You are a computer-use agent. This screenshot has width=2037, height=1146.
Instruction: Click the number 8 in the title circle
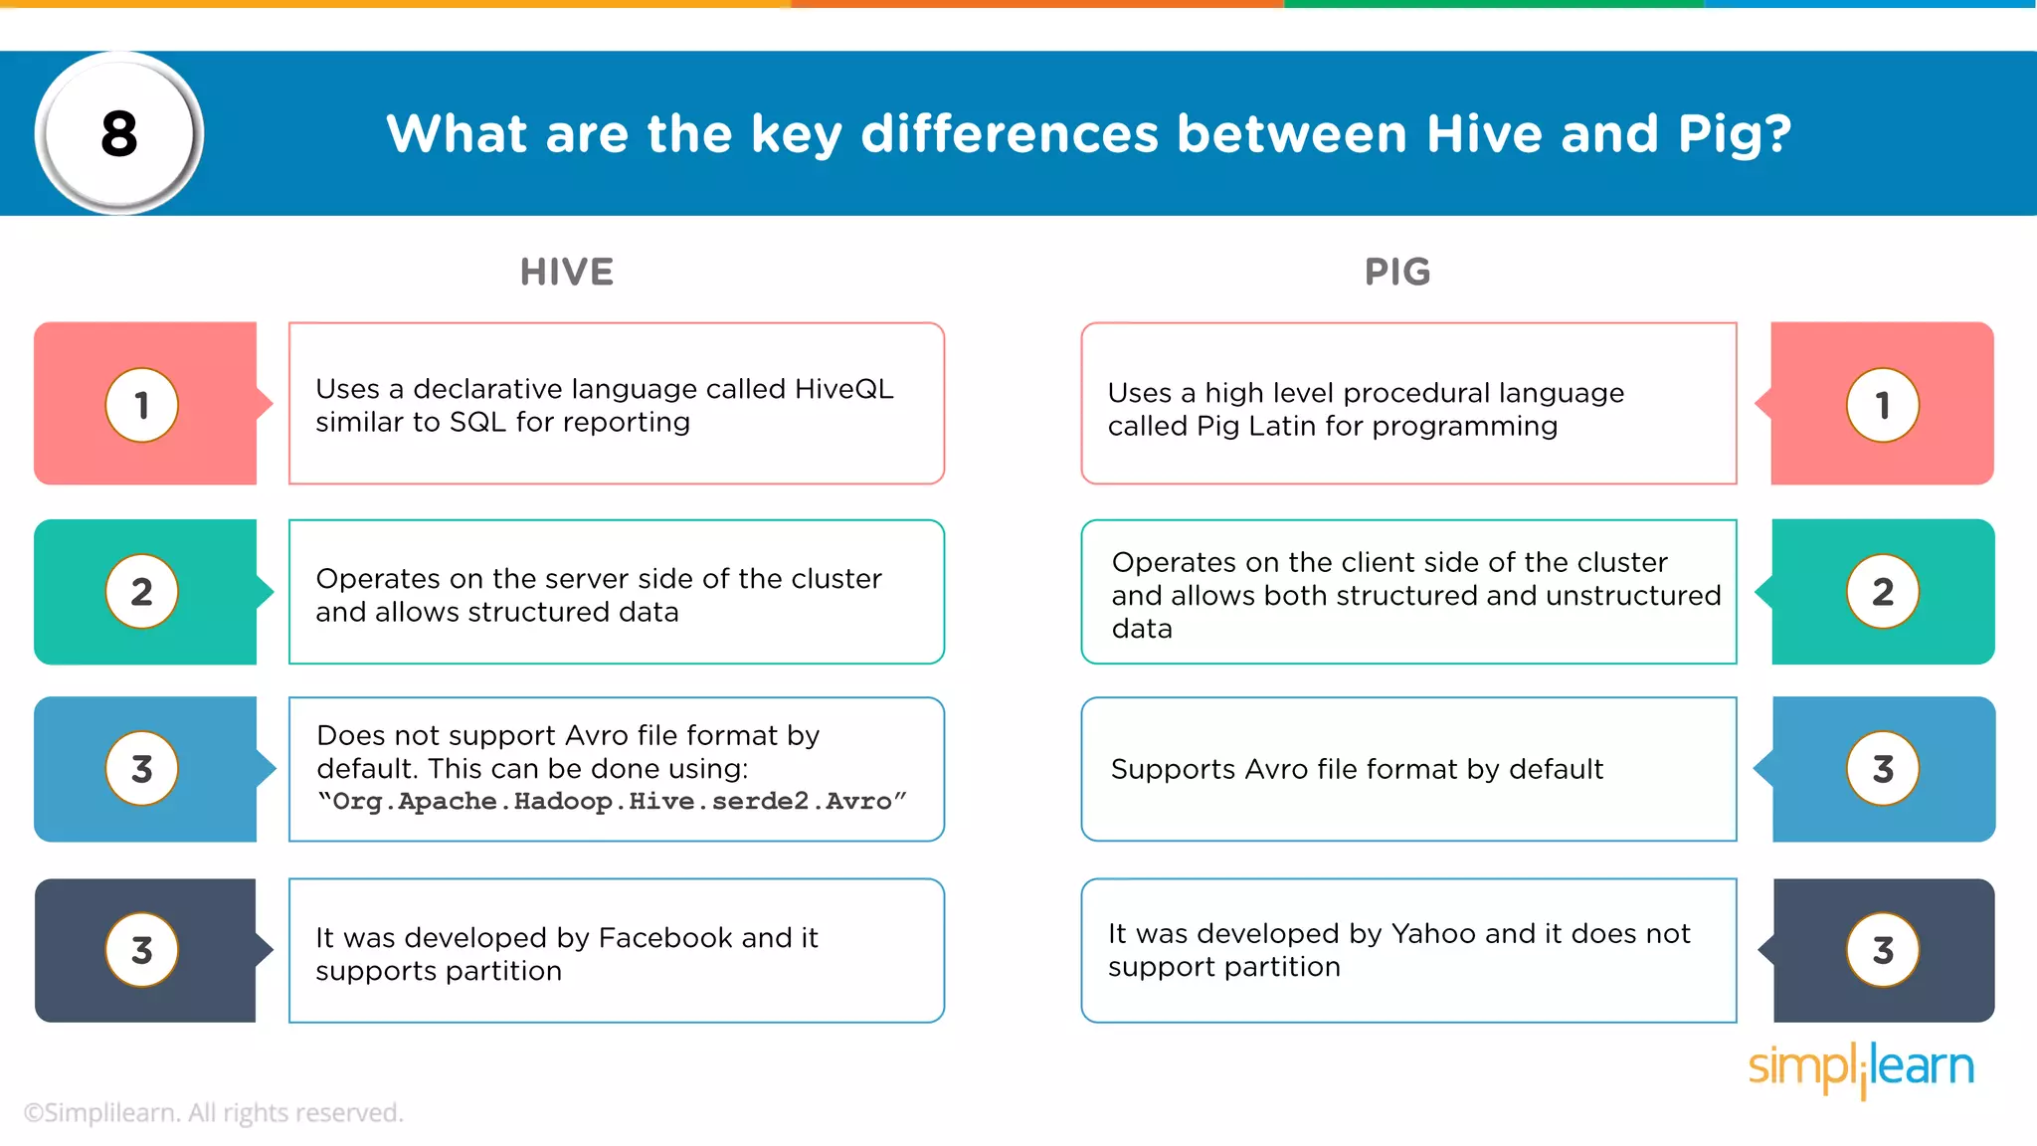119,134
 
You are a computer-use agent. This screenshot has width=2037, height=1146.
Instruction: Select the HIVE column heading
567,272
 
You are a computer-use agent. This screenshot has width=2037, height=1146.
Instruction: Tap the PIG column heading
1397,272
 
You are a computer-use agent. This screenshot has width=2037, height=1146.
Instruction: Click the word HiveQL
844,389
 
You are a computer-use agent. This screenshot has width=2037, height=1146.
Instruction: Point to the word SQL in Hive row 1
477,423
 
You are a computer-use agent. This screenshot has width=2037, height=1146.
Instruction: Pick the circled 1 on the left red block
142,405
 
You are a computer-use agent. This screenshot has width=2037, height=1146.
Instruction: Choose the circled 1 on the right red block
1882,405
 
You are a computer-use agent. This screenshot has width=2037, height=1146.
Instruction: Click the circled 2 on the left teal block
142,592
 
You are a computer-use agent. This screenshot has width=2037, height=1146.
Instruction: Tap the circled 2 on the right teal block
1882,592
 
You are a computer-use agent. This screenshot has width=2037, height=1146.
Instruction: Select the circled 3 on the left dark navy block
142,950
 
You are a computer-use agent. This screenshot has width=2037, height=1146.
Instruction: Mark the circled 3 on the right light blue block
1882,769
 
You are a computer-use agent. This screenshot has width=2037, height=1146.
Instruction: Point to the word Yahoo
1433,934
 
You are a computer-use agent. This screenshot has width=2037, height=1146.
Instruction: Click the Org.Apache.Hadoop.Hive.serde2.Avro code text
612,802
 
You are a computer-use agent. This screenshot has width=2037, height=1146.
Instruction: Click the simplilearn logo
1861,1067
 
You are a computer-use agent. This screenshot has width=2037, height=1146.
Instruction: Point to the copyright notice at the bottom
213,1112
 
